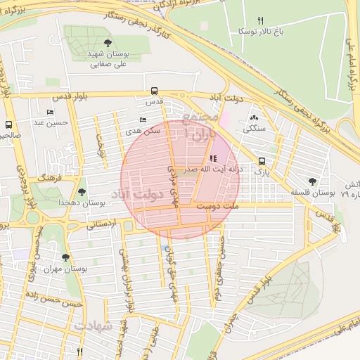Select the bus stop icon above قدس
pyautogui.click(x=154, y=91)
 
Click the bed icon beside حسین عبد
pyautogui.click(x=50, y=112)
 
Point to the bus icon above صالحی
pyautogui.click(x=8, y=123)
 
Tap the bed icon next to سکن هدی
pyautogui.click(x=143, y=120)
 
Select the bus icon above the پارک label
pyautogui.click(x=262, y=160)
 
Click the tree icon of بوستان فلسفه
pyautogui.click(x=313, y=181)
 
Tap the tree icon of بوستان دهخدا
pyautogui.click(x=82, y=191)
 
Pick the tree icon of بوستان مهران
pyautogui.click(x=65, y=258)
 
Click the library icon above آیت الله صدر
pyautogui.click(x=213, y=159)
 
